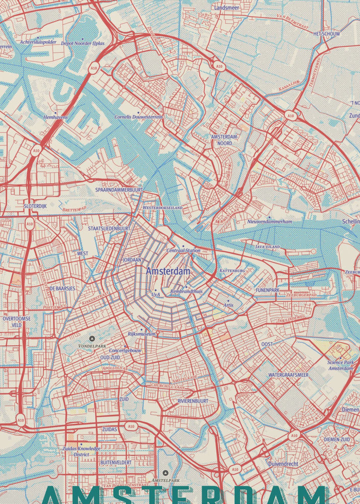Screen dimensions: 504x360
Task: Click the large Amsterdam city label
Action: pos(168,271)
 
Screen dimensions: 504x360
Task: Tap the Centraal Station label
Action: pos(184,250)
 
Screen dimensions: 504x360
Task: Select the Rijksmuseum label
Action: pos(142,334)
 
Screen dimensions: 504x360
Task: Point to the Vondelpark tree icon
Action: pos(92,339)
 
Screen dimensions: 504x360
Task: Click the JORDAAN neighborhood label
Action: pos(132,260)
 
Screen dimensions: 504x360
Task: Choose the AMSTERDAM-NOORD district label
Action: pos(225,140)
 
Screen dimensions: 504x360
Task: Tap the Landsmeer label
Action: pos(227,8)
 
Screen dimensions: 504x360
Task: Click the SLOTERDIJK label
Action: pos(35,206)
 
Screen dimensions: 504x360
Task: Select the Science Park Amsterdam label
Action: pos(341,365)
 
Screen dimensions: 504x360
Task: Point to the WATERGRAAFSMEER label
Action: pos(288,375)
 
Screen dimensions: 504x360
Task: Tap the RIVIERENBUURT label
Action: pos(193,401)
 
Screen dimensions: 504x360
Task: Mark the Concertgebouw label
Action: pos(126,350)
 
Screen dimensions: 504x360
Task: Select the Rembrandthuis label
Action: pos(186,291)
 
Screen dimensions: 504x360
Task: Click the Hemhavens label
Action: pos(55,117)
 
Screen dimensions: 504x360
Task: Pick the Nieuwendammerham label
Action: pos(270,222)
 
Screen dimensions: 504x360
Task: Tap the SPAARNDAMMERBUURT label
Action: pos(119,190)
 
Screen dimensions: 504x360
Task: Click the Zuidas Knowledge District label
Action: pos(81,451)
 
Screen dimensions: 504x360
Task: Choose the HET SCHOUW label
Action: pos(326,34)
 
